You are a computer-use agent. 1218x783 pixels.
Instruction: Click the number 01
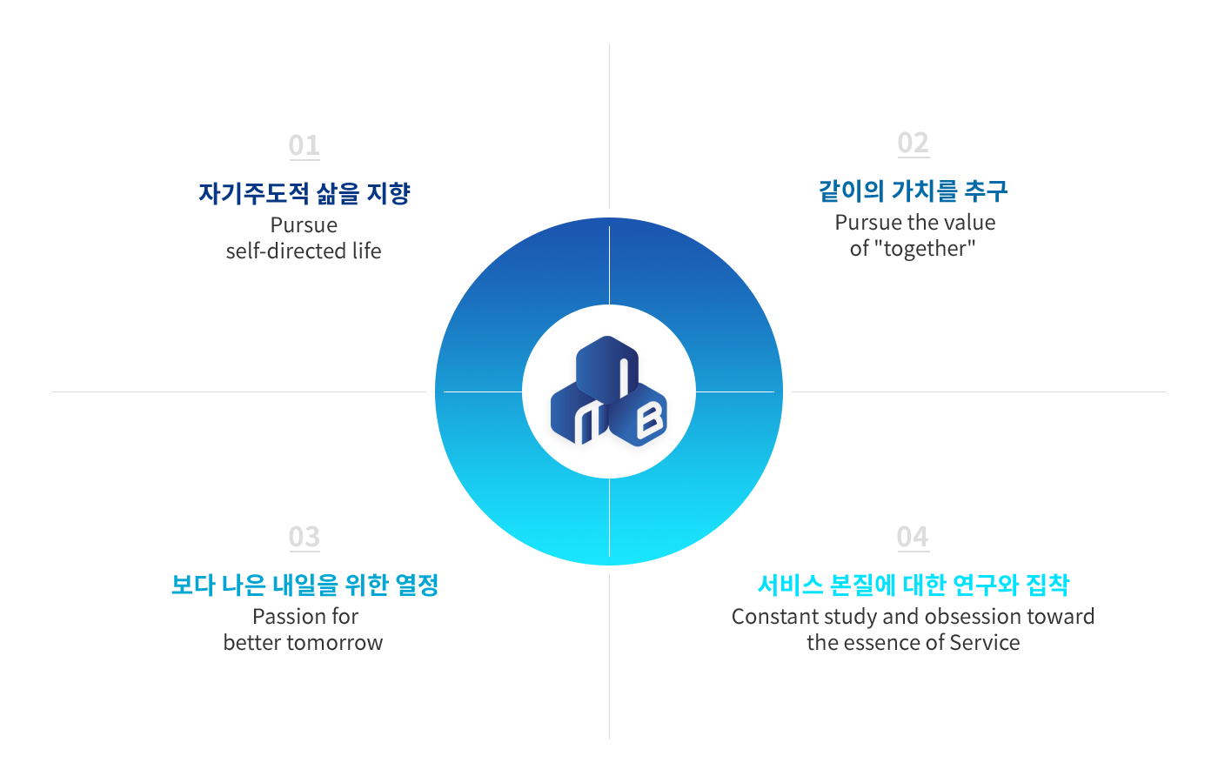pyautogui.click(x=304, y=145)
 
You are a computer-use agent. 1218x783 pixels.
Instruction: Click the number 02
pyautogui.click(x=913, y=143)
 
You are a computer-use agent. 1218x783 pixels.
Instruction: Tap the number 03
pyautogui.click(x=304, y=537)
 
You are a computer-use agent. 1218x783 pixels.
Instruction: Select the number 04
pyautogui.click(x=913, y=537)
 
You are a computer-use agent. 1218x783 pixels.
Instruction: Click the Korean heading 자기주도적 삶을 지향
pyautogui.click(x=304, y=193)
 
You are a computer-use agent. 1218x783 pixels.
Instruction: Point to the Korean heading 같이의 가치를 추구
pyautogui.click(x=913, y=191)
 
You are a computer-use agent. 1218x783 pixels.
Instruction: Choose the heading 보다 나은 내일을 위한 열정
pyautogui.click(x=304, y=585)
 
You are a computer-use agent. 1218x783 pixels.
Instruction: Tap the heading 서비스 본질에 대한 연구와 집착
pyautogui.click(x=913, y=585)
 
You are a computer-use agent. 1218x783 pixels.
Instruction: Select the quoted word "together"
pyautogui.click(x=924, y=249)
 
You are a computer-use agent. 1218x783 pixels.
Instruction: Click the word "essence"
pyautogui.click(x=880, y=643)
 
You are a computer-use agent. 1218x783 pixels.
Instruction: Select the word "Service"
pyautogui.click(x=985, y=643)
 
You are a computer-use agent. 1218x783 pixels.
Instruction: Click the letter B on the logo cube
pyautogui.click(x=649, y=419)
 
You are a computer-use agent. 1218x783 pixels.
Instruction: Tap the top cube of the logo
pyautogui.click(x=607, y=368)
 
